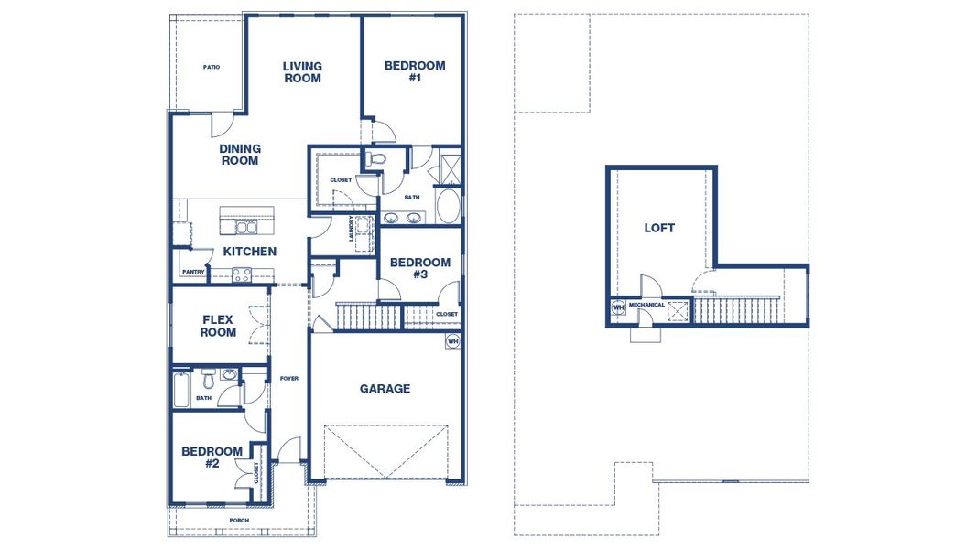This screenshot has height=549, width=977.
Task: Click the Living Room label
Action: pos(302,72)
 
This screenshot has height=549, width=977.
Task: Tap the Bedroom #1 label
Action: pos(415,71)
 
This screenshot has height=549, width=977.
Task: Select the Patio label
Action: pos(212,67)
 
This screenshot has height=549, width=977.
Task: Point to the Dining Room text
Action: pos(240,155)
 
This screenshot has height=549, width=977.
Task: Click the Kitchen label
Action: pos(250,252)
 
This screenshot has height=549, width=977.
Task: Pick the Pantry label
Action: pos(193,272)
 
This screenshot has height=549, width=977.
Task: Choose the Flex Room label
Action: pos(218,326)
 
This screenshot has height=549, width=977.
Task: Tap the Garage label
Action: pos(385,389)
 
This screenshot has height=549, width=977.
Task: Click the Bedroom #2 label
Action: pos(212,457)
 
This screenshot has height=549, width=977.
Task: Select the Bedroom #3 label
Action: pos(420,268)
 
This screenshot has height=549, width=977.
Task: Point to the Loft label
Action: pos(659,228)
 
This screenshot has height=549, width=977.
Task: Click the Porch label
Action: pos(239,521)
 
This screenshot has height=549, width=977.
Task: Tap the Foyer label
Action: pos(289,378)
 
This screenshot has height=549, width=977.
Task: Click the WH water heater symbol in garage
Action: pos(452,341)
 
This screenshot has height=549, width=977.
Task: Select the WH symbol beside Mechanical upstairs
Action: pos(618,307)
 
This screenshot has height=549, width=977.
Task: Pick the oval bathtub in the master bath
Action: pos(449,207)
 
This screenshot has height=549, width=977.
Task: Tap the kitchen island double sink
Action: pos(246,226)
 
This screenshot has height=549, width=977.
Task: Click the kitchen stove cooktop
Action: pos(242,273)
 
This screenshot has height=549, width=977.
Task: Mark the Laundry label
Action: pos(352,229)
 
